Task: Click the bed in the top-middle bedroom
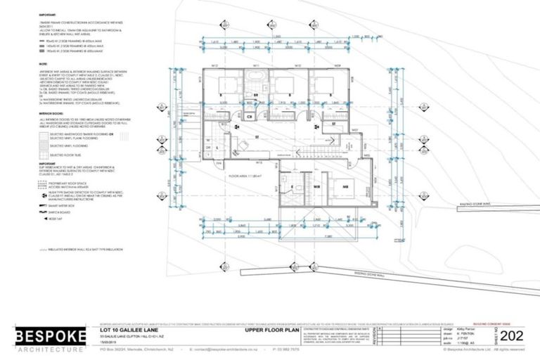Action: coord(283,89)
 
